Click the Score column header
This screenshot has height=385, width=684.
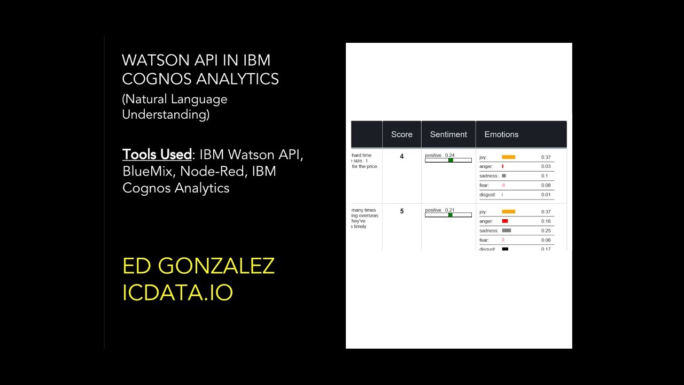401,135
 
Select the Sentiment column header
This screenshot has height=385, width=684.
448,135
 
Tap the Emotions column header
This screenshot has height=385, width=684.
501,135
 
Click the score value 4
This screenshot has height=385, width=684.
402,157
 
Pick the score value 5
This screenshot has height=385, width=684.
402,211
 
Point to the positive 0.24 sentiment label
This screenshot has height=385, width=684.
440,155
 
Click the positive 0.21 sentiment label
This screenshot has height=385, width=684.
440,210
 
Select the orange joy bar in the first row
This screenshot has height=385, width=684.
508,157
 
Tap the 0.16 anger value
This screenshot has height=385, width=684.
546,221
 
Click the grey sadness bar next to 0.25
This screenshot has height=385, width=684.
506,230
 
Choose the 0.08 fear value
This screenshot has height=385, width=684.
546,186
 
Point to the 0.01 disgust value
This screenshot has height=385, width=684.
546,195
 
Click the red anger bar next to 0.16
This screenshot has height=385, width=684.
504,221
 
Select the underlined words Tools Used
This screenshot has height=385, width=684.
157,155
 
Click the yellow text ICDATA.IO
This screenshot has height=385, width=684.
177,292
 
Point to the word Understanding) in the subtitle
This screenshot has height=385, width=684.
166,114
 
